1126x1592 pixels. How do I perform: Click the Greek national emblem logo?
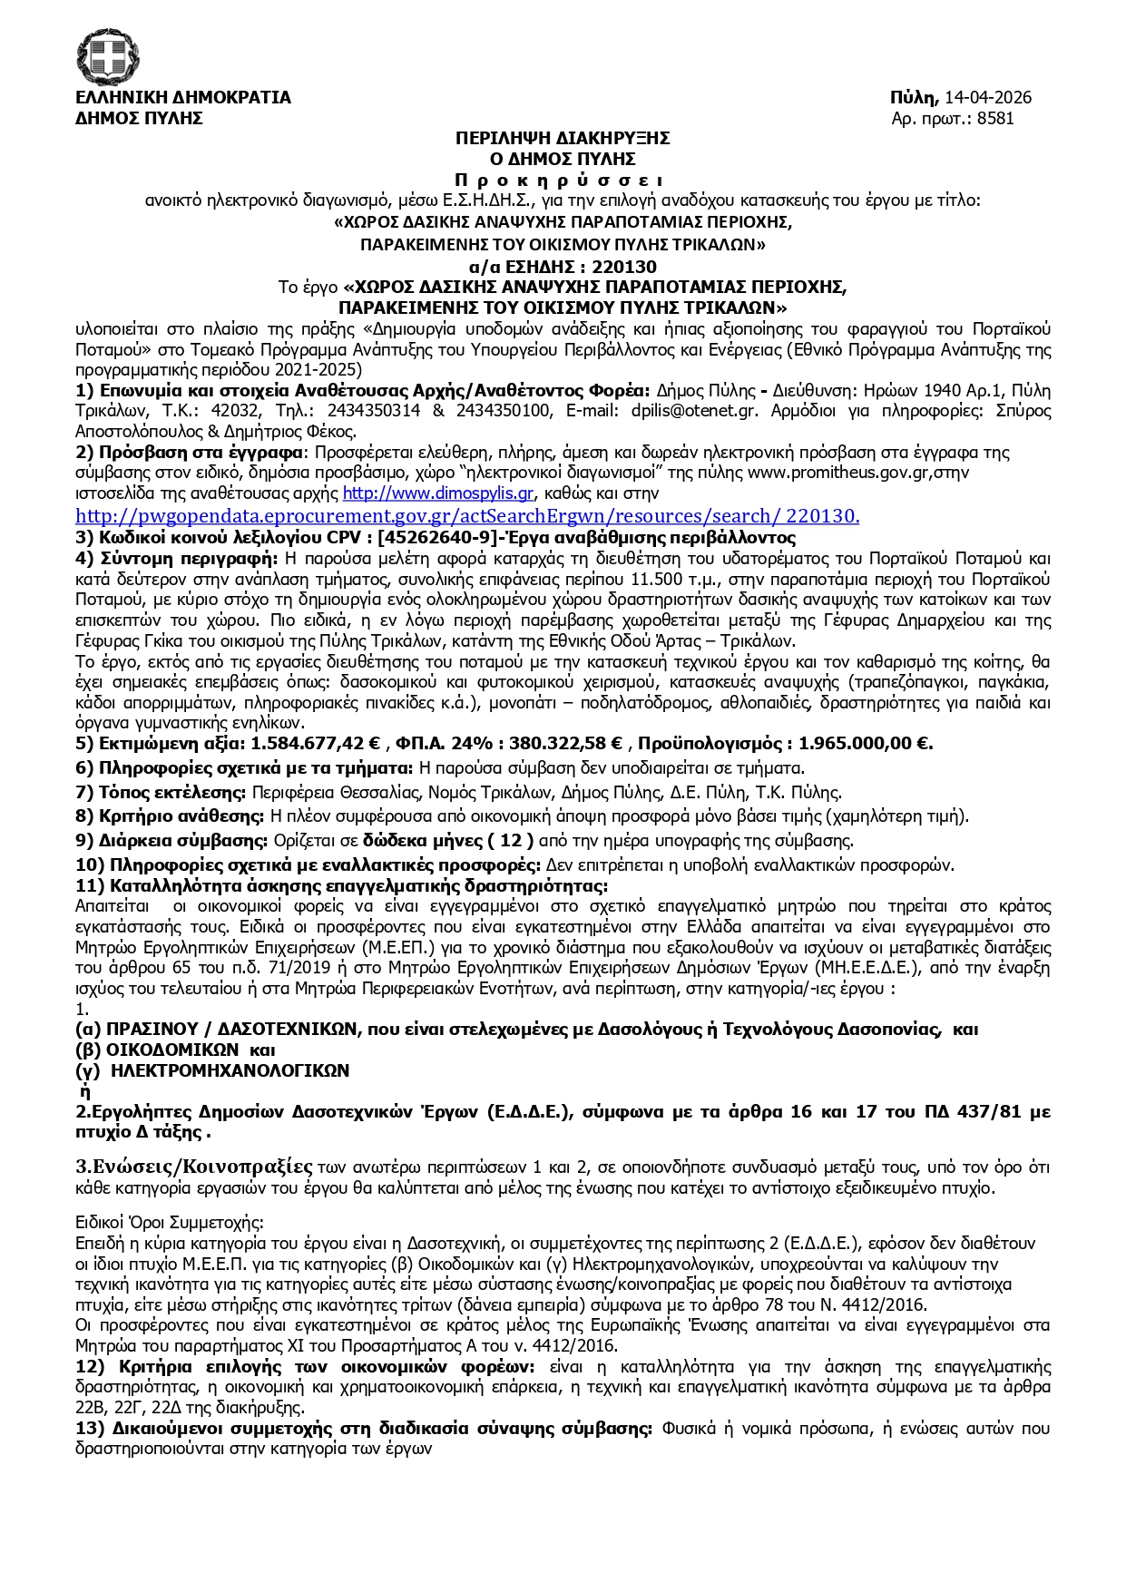pos(108,55)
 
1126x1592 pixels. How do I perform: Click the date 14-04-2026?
pos(988,98)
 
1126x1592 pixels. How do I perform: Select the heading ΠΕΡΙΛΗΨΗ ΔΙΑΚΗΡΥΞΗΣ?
pos(563,139)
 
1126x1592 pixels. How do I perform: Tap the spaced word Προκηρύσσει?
pos(563,181)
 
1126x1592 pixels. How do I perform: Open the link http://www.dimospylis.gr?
pos(437,493)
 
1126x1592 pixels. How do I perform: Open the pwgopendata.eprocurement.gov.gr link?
pos(467,516)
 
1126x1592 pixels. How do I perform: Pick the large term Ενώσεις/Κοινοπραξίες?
pos(194,1166)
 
